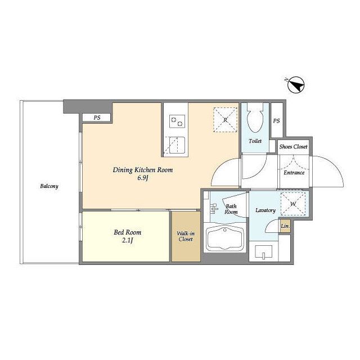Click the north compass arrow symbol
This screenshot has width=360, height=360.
[x=296, y=84]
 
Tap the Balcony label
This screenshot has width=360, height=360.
[x=49, y=186]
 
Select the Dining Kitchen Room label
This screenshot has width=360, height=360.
[x=142, y=170]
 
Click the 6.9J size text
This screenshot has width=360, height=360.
[x=142, y=178]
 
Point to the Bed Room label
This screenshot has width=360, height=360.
[x=128, y=232]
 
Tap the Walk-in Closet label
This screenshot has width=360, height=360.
[x=186, y=236]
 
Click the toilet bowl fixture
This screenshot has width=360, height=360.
[x=255, y=118]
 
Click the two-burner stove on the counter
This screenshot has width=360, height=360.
[x=177, y=121]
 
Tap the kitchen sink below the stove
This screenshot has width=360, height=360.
[x=174, y=145]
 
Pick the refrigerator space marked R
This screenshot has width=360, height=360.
[x=225, y=120]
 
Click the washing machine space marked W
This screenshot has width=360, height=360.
[x=293, y=204]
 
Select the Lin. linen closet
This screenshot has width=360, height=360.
[x=285, y=226]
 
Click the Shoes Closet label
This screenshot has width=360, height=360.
[x=293, y=146]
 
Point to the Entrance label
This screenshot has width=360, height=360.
[x=294, y=173]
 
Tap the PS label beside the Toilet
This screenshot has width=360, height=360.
[x=276, y=120]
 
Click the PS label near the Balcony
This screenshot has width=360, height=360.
[x=97, y=118]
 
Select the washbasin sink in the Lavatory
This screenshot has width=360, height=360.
[x=264, y=252]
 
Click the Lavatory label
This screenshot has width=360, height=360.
[x=265, y=210]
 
